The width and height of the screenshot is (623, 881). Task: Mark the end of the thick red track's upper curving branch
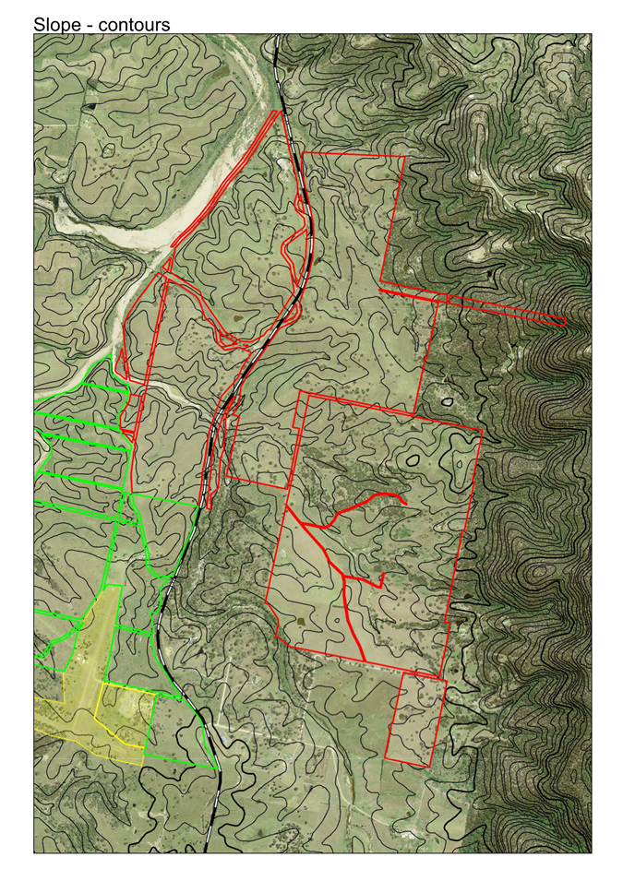tap(404, 500)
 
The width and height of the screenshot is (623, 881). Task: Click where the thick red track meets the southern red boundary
tap(366, 661)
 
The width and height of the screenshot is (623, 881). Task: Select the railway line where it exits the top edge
tap(275, 37)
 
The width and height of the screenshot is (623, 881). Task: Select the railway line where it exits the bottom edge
tap(219, 851)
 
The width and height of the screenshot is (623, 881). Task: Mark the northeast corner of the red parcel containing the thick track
tap(482, 431)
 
